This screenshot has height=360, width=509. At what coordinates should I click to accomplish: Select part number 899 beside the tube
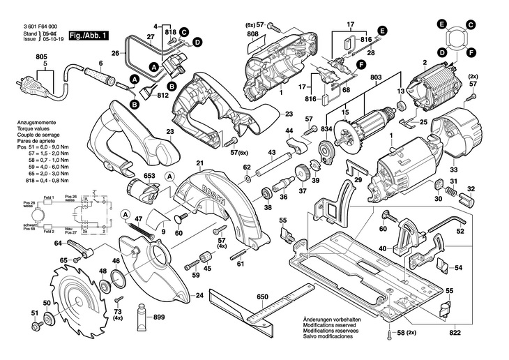(x=159, y=317)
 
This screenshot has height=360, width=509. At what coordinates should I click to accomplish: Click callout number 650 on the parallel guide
(x=262, y=297)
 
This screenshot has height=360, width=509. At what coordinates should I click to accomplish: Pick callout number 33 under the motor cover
(x=455, y=168)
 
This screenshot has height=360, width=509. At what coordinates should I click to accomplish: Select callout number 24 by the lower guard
(x=200, y=296)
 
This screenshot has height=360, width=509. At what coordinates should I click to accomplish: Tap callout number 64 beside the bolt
(x=59, y=242)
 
